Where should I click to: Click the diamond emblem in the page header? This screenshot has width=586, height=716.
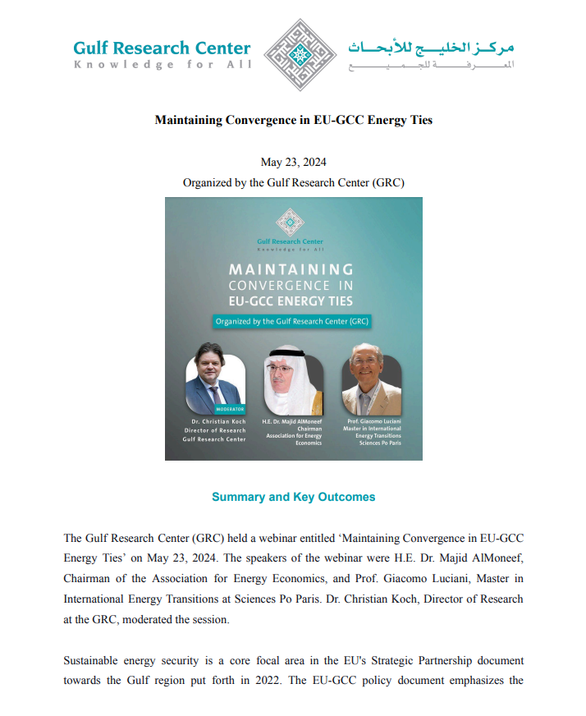click(x=293, y=56)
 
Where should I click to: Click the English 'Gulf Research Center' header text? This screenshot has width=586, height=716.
click(x=162, y=48)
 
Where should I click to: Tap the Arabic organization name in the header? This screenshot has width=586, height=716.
click(x=430, y=47)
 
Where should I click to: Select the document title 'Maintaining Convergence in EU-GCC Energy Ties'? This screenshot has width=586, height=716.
click(x=293, y=120)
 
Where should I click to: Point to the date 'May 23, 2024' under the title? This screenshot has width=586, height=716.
click(x=293, y=162)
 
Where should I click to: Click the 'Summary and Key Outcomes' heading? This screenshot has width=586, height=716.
click(x=293, y=497)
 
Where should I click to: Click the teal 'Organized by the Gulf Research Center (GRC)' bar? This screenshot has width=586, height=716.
click(x=291, y=322)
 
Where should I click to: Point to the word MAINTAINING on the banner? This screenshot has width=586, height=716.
click(x=291, y=269)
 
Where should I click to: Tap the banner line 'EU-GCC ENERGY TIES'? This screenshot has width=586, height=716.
click(x=291, y=301)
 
